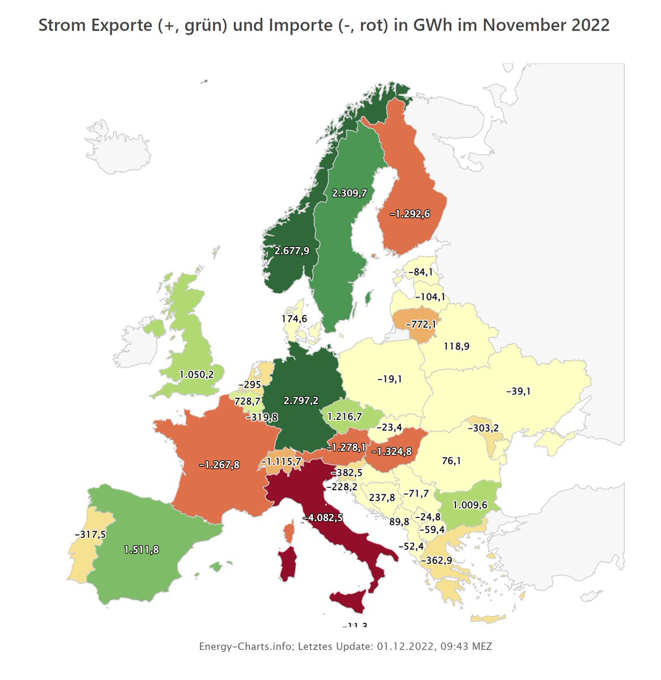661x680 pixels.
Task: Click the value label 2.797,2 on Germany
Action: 300,401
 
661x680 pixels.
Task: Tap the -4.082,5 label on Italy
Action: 322,517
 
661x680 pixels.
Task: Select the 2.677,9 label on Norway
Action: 292,250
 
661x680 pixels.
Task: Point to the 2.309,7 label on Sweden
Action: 349,193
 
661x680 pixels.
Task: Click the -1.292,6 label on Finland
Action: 410,214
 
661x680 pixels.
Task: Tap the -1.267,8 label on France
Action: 219,465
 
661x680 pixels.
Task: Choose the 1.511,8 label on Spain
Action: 141,549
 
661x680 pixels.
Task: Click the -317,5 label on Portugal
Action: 90,534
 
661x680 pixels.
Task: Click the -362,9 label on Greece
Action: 436,560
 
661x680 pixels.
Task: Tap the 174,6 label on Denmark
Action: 294,319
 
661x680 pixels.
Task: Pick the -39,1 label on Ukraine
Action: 518,391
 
